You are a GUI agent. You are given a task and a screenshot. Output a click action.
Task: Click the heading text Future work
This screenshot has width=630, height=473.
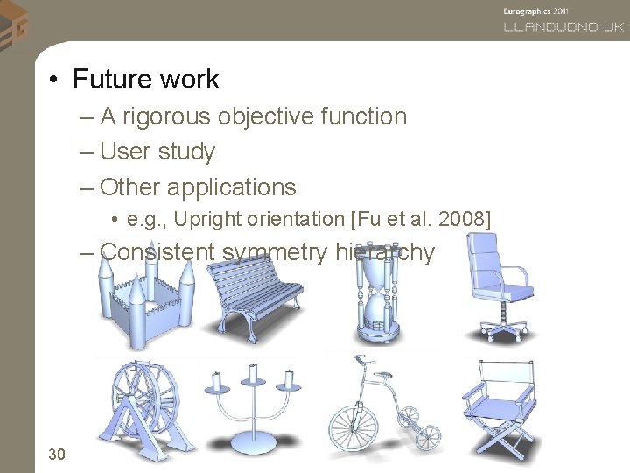tap(146, 80)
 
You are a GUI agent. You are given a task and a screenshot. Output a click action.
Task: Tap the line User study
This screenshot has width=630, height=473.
tap(157, 152)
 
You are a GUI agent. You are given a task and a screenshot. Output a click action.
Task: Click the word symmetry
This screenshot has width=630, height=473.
tap(275, 252)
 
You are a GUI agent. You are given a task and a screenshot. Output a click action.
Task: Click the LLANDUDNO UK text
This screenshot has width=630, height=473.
tap(563, 27)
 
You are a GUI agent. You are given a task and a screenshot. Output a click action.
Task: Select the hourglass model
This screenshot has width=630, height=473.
tap(377, 302)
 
